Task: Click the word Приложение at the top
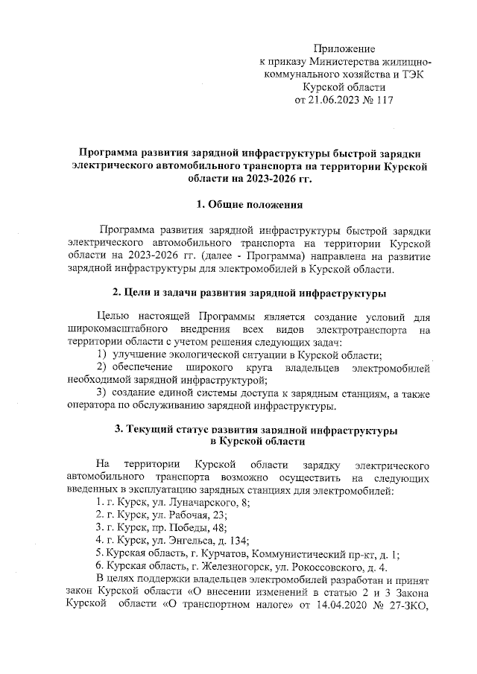pos(344,48)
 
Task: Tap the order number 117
pos(382,99)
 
